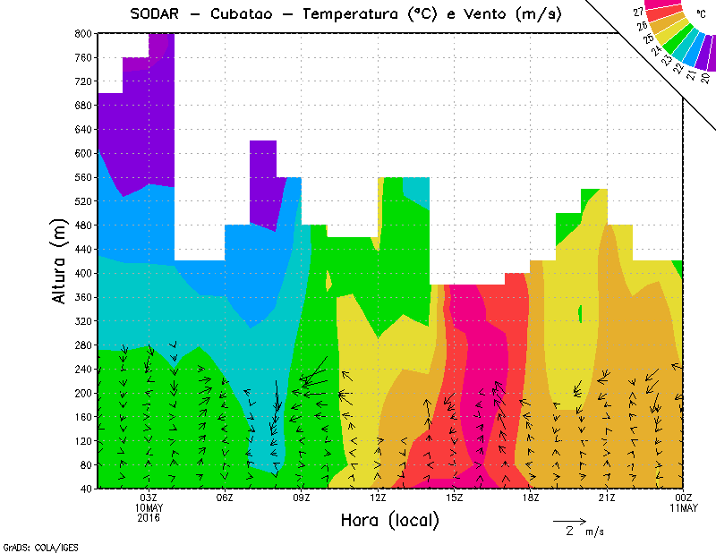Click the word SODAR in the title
[x=156, y=14]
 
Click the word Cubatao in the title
[x=251, y=14]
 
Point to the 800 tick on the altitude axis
[x=81, y=33]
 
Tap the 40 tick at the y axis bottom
[x=84, y=489]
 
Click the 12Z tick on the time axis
[x=378, y=498]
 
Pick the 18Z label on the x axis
[x=531, y=498]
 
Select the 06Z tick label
[x=225, y=498]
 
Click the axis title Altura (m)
[x=59, y=260]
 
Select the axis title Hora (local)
[x=388, y=520]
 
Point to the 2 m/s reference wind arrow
[x=569, y=520]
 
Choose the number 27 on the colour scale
[x=638, y=13]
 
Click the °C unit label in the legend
[x=700, y=15]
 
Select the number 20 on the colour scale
[x=705, y=78]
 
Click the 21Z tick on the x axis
[x=607, y=498]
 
